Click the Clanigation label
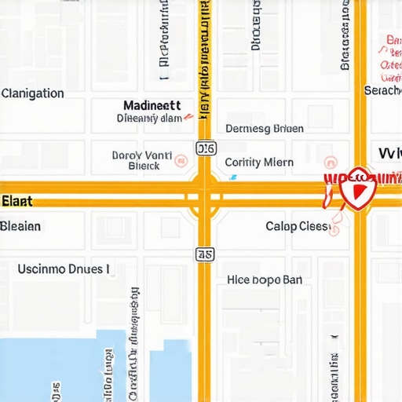click(33, 93)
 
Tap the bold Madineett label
click(152, 105)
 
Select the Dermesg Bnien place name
click(265, 129)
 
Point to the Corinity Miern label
click(259, 163)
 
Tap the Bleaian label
click(20, 226)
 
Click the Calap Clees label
click(298, 226)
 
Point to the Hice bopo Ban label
click(265, 280)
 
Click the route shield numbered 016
click(205, 148)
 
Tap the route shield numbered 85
click(205, 254)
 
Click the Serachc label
click(383, 91)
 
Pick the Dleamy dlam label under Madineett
click(149, 119)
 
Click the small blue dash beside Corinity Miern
click(232, 177)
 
